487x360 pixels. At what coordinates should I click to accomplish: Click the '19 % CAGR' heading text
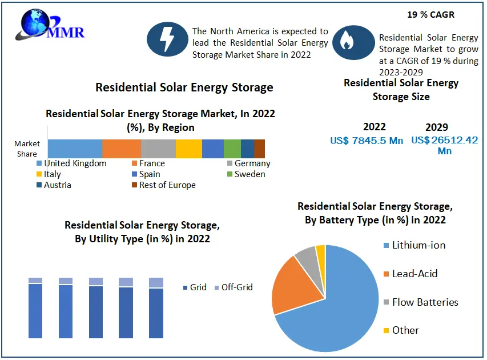pos(432,14)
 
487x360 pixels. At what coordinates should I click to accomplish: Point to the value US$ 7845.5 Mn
pos(367,141)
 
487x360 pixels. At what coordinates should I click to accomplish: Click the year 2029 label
pos(437,127)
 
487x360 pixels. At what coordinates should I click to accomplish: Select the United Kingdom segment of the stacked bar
pos(75,148)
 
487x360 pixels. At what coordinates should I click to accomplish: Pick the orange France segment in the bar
pos(121,148)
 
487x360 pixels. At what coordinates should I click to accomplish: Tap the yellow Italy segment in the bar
pos(188,148)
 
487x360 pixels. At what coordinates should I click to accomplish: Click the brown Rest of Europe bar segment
pos(259,148)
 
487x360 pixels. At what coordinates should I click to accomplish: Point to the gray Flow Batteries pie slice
pos(306,258)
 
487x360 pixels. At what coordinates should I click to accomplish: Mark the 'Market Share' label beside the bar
pos(27,149)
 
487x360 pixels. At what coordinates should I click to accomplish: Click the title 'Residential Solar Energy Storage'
pos(184,87)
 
